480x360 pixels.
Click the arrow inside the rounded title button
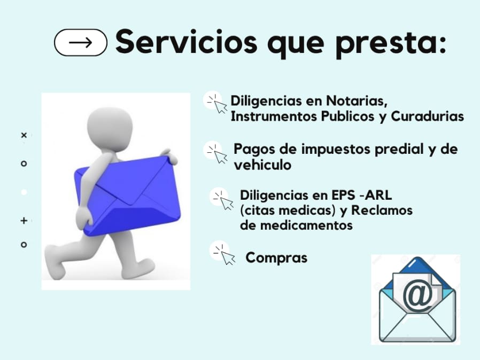pyautogui.click(x=81, y=43)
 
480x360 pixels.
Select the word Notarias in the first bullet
pyautogui.click(x=357, y=100)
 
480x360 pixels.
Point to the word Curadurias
pyautogui.click(x=427, y=116)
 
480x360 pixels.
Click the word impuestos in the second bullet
pyautogui.click(x=336, y=150)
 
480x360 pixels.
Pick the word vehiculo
pyautogui.click(x=262, y=165)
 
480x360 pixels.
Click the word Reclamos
pyautogui.click(x=382, y=210)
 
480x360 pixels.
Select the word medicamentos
pyautogui.click(x=306, y=225)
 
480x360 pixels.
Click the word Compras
pyautogui.click(x=276, y=257)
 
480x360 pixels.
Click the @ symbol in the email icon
pyautogui.click(x=417, y=296)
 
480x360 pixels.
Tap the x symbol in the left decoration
pyautogui.click(x=24, y=135)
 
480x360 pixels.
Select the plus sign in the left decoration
pyautogui.click(x=24, y=221)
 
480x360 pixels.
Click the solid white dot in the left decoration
pyautogui.click(x=24, y=192)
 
